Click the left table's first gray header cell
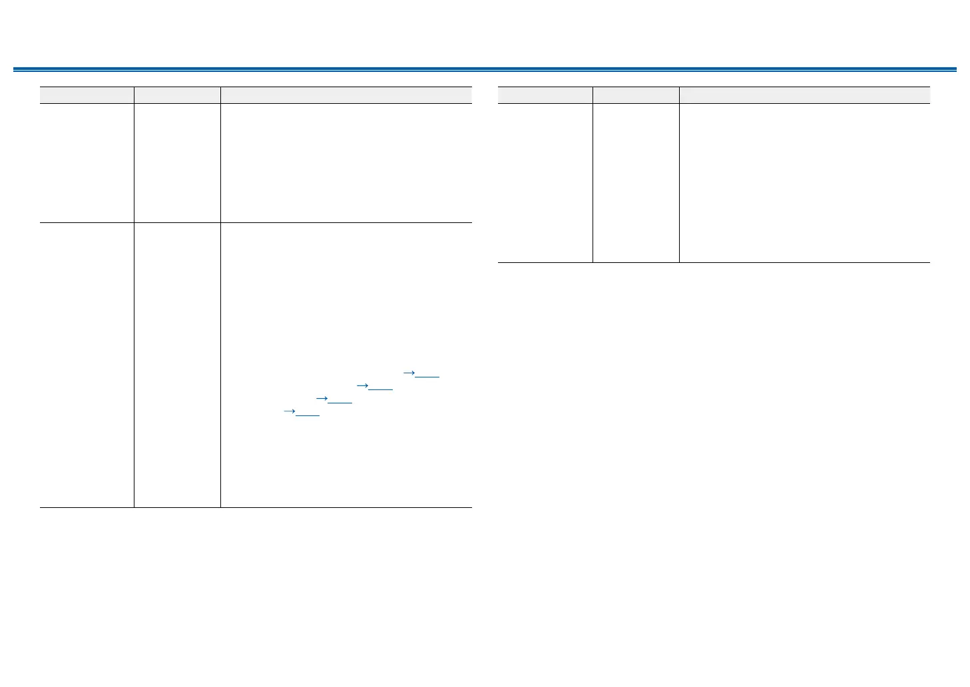click(x=87, y=95)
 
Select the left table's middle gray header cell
click(x=177, y=95)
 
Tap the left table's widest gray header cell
click(x=346, y=95)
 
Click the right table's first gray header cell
click(x=545, y=95)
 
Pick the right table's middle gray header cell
click(x=636, y=95)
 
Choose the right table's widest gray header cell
click(x=804, y=95)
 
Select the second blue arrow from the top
click(x=362, y=385)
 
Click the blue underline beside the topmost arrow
click(x=427, y=377)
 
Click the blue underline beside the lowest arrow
click(x=308, y=416)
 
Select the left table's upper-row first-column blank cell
click(x=87, y=163)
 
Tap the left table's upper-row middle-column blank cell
click(x=177, y=163)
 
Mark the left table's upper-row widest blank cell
click(x=346, y=163)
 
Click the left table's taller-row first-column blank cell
click(x=87, y=365)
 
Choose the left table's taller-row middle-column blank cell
click(x=177, y=365)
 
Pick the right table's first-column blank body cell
click(x=545, y=183)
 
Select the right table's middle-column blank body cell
click(x=636, y=183)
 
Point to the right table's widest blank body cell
click(x=804, y=183)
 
